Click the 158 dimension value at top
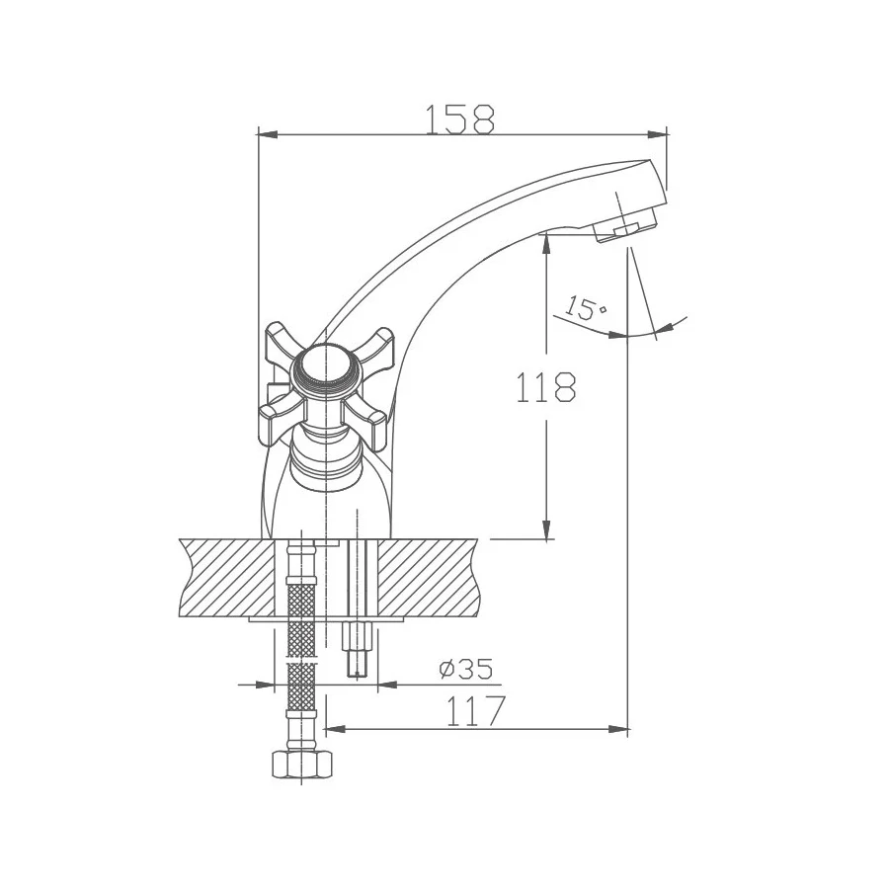pyautogui.click(x=459, y=120)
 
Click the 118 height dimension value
pyautogui.click(x=545, y=387)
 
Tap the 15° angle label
pyautogui.click(x=586, y=309)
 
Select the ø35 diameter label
pyautogui.click(x=464, y=670)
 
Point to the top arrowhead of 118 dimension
pyautogui.click(x=545, y=243)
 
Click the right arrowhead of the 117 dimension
pyautogui.click(x=621, y=730)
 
